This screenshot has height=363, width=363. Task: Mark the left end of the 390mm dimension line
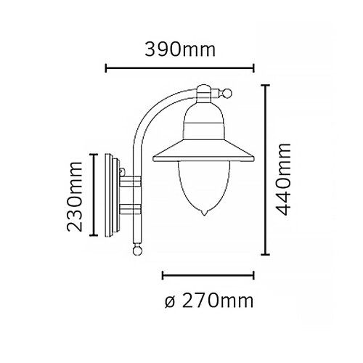click(x=107, y=69)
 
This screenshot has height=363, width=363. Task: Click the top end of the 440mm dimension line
click(x=266, y=85)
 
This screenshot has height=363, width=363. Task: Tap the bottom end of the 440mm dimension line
click(x=266, y=256)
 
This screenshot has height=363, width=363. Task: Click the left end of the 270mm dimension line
click(x=163, y=276)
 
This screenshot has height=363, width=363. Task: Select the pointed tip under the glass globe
click(x=204, y=214)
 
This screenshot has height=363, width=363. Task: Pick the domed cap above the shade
click(x=204, y=116)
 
